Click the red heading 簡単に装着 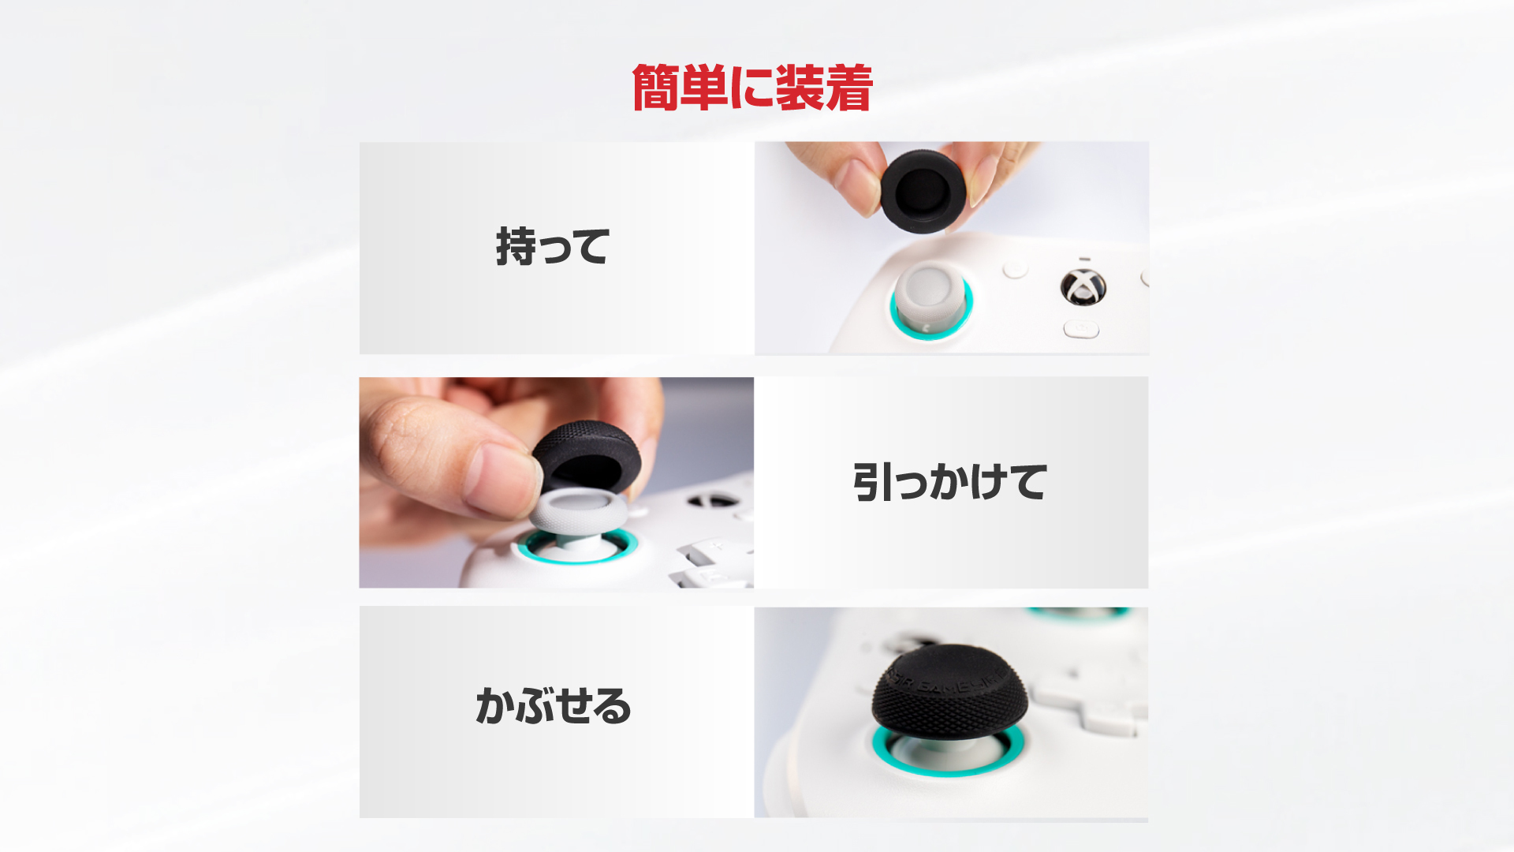(x=752, y=88)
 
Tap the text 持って (x=553, y=246)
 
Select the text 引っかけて (x=950, y=482)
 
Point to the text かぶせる (x=554, y=704)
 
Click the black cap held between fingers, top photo (x=923, y=191)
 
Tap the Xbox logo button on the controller (x=1083, y=286)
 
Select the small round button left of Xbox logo (x=1015, y=269)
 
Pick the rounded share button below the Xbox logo (x=1081, y=329)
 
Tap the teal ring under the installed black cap (x=948, y=758)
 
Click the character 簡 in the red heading (x=654, y=88)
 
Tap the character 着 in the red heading (x=849, y=88)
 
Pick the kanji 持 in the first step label (x=516, y=246)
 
